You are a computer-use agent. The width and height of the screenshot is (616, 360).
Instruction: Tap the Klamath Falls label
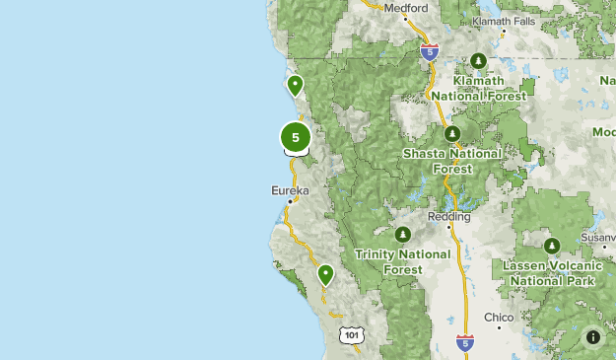click(505, 21)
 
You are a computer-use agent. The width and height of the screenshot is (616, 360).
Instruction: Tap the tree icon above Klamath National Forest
click(478, 61)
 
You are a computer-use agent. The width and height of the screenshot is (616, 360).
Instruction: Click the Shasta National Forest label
click(451, 161)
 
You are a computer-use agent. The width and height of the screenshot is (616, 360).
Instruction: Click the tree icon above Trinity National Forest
click(402, 235)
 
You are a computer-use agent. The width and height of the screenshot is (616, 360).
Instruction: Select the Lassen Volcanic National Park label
click(549, 273)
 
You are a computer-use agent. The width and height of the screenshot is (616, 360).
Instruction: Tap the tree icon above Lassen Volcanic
click(552, 246)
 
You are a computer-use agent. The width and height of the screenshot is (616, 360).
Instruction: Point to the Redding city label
click(448, 215)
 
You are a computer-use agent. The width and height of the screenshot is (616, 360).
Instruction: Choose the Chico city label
click(499, 318)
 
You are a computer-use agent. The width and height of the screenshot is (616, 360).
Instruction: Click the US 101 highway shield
click(353, 335)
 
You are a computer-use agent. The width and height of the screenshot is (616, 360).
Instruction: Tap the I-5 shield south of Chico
click(466, 342)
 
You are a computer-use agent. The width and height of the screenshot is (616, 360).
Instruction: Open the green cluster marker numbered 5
click(296, 137)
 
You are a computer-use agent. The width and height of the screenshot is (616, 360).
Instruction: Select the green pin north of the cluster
click(294, 86)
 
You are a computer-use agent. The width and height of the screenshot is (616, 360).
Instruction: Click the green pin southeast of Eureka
click(325, 275)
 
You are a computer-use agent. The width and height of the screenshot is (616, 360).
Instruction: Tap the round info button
click(593, 336)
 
